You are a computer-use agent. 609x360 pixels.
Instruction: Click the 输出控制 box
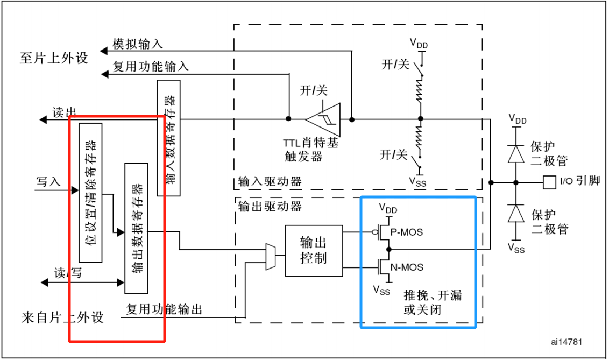[x=314, y=250]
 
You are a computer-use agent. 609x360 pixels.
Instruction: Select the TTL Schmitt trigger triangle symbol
[x=324, y=119]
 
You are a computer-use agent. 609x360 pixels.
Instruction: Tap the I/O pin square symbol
[x=549, y=182]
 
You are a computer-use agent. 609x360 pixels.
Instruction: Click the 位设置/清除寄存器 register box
[x=90, y=193]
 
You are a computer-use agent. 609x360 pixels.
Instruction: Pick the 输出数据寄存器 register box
[x=136, y=228]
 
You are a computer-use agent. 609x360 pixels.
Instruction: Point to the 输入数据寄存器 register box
[x=169, y=138]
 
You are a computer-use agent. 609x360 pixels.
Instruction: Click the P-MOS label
[x=407, y=232]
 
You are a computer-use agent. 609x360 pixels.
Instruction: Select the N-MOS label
[x=407, y=267]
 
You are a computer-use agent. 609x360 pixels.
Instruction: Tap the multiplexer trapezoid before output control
[x=270, y=256]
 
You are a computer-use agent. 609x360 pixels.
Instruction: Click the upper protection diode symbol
[x=516, y=155]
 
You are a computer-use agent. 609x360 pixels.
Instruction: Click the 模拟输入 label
[x=138, y=44]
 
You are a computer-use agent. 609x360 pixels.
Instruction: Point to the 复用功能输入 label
[x=151, y=67]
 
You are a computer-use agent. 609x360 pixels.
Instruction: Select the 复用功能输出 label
[x=164, y=309]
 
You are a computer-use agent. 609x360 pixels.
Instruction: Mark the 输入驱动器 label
[x=270, y=181]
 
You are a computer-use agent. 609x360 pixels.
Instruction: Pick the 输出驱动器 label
[x=270, y=206]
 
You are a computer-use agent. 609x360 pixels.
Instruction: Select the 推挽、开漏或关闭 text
[x=433, y=303]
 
